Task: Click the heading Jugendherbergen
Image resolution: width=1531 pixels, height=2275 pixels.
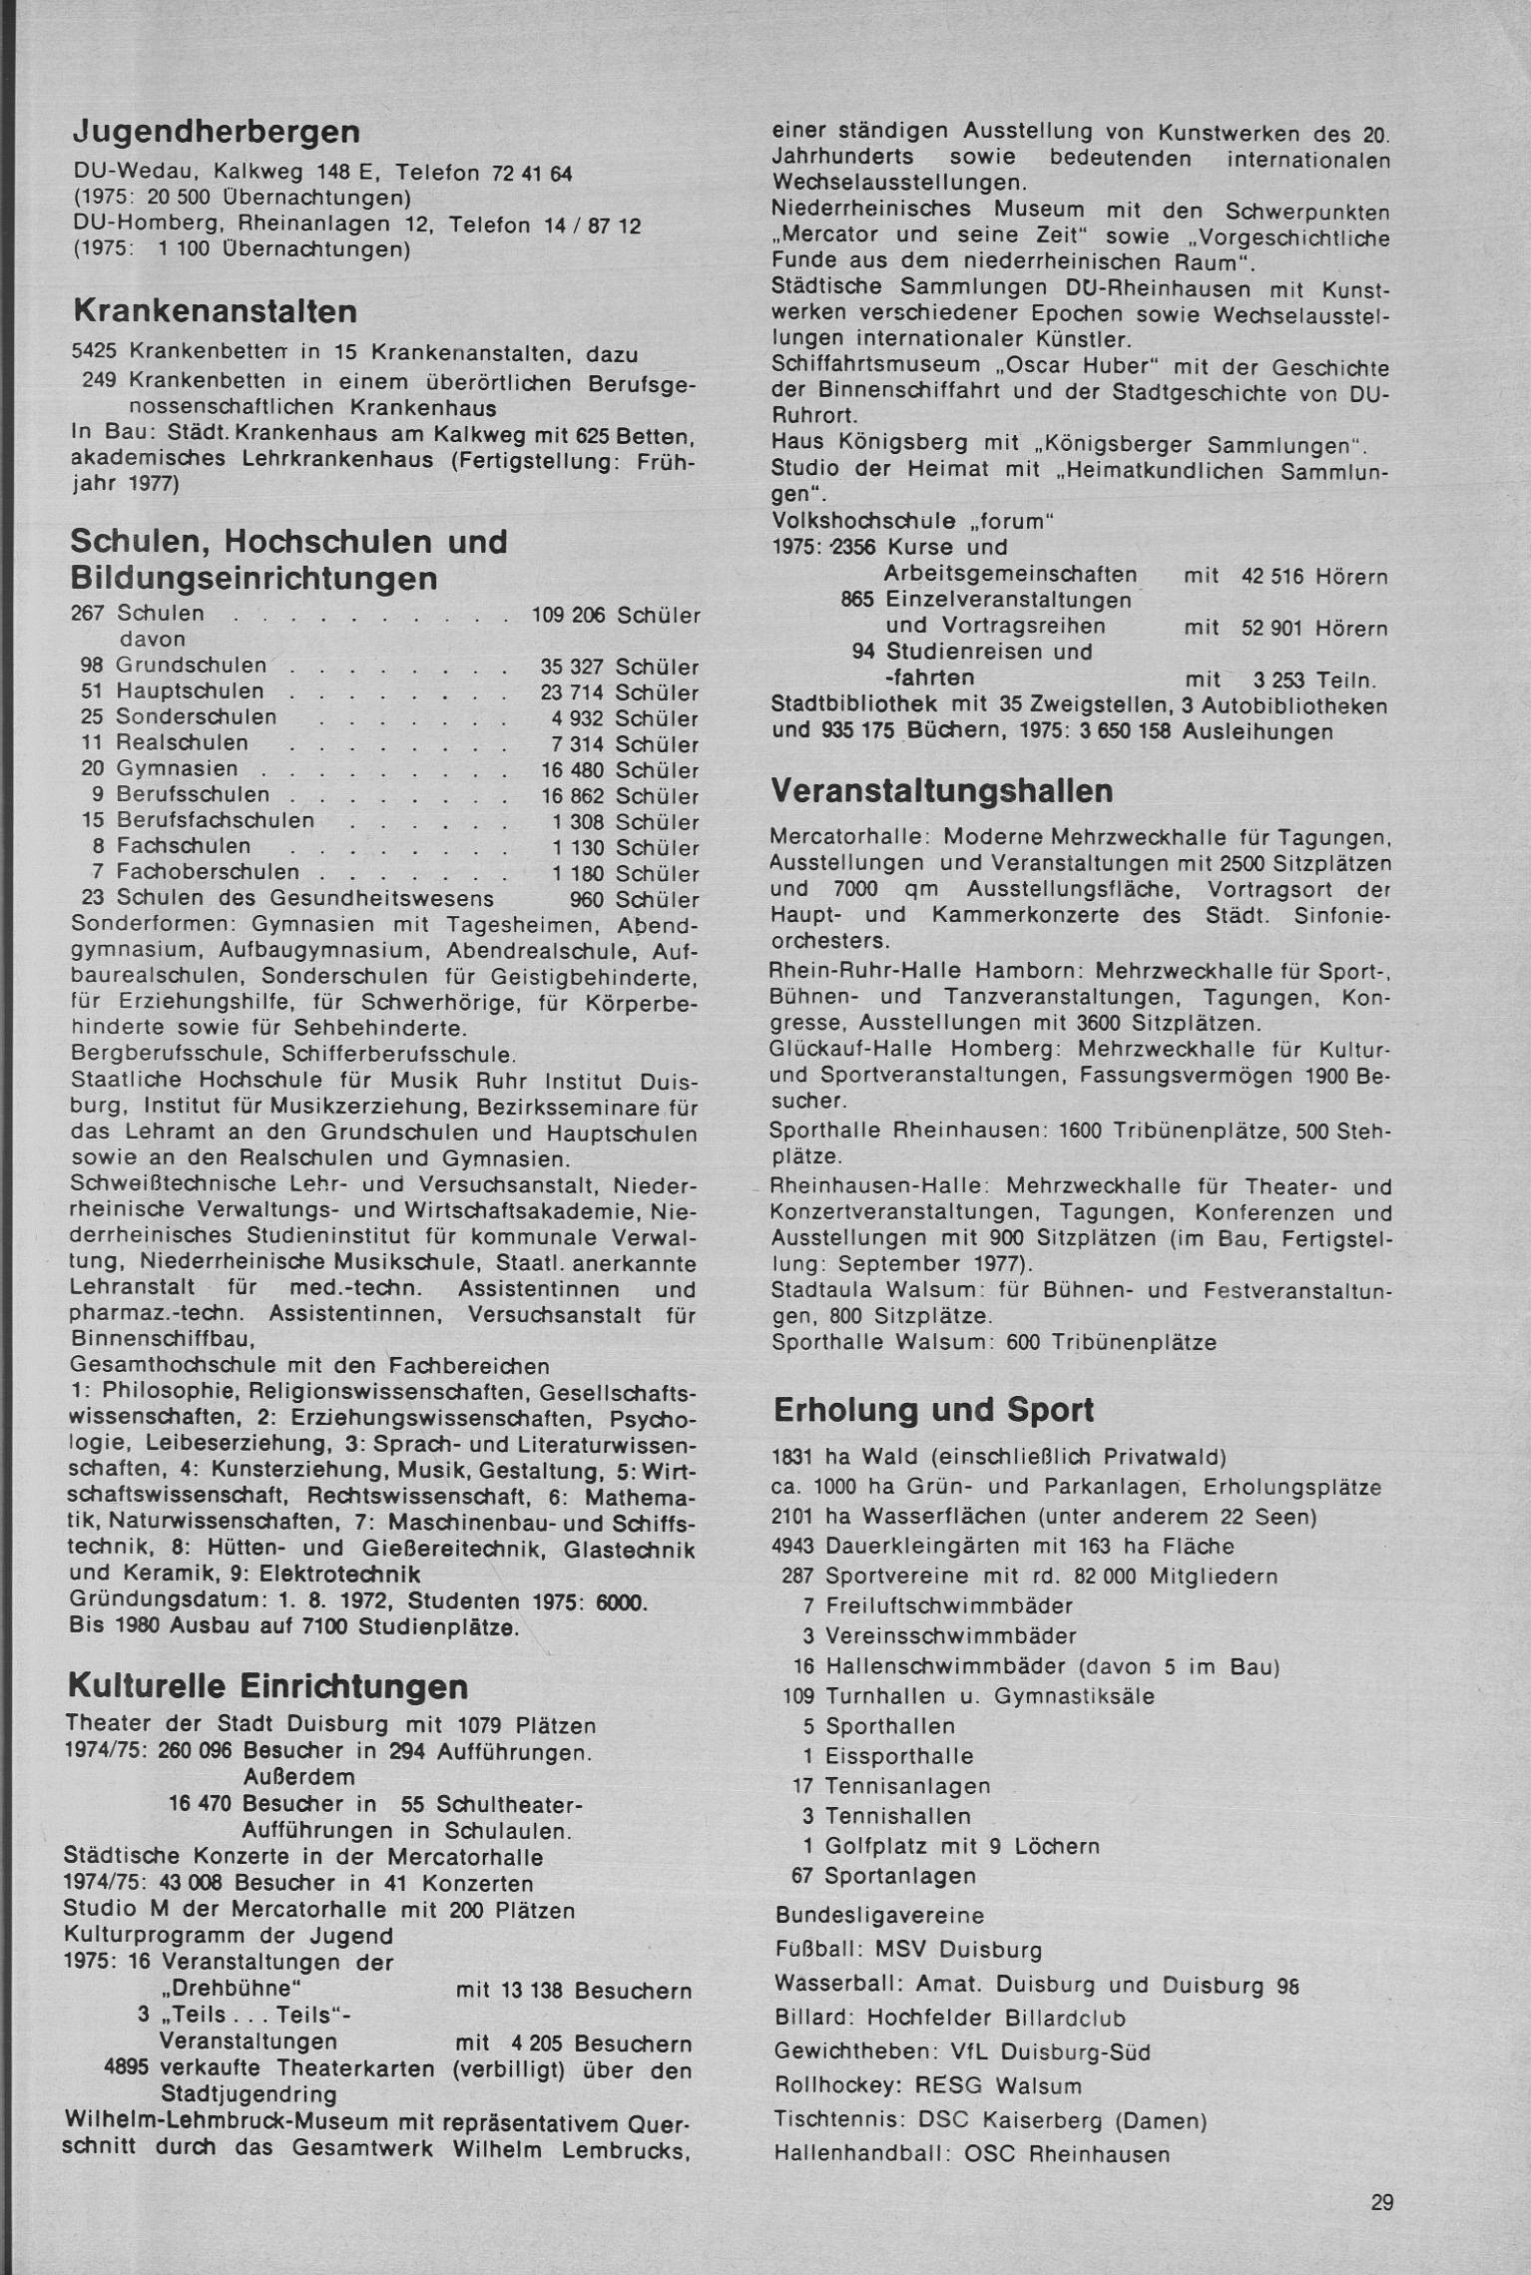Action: click(x=217, y=133)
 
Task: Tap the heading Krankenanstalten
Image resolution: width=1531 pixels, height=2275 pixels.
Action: click(x=215, y=311)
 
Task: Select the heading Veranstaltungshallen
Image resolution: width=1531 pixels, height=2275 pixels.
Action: click(x=942, y=791)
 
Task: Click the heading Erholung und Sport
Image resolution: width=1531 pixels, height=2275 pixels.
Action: click(x=933, y=1410)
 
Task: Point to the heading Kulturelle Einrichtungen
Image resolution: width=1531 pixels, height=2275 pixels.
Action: click(x=267, y=1686)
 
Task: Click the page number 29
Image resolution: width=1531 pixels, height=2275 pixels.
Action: click(x=1381, y=2202)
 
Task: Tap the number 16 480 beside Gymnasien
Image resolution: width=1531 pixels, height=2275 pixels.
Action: click(x=572, y=770)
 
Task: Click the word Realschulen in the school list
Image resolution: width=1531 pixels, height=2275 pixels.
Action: click(x=182, y=744)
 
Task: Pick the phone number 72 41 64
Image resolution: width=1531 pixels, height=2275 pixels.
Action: click(x=532, y=174)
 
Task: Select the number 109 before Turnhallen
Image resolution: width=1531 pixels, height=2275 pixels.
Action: click(x=799, y=1696)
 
